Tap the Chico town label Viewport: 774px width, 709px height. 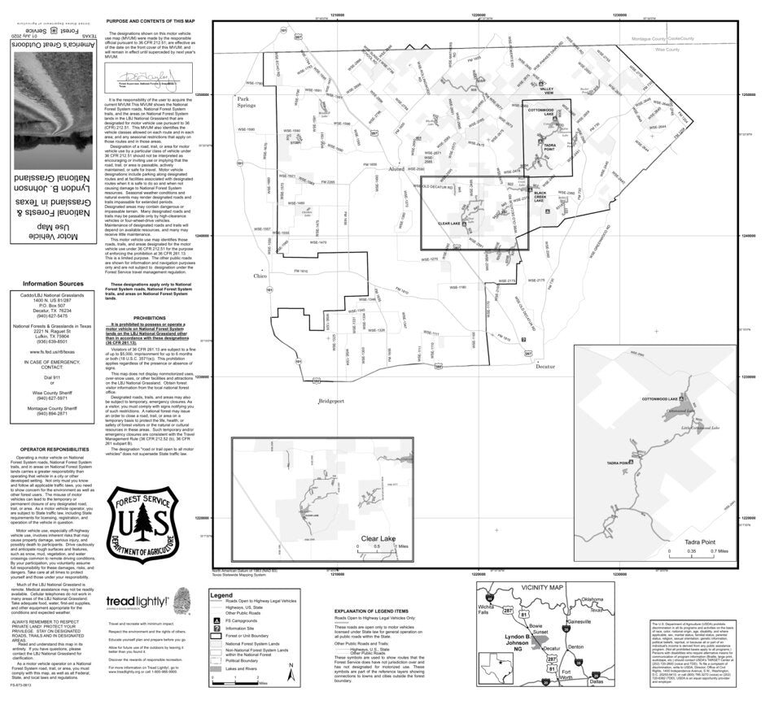[x=260, y=276]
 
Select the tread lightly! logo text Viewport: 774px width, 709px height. [x=138, y=602]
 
